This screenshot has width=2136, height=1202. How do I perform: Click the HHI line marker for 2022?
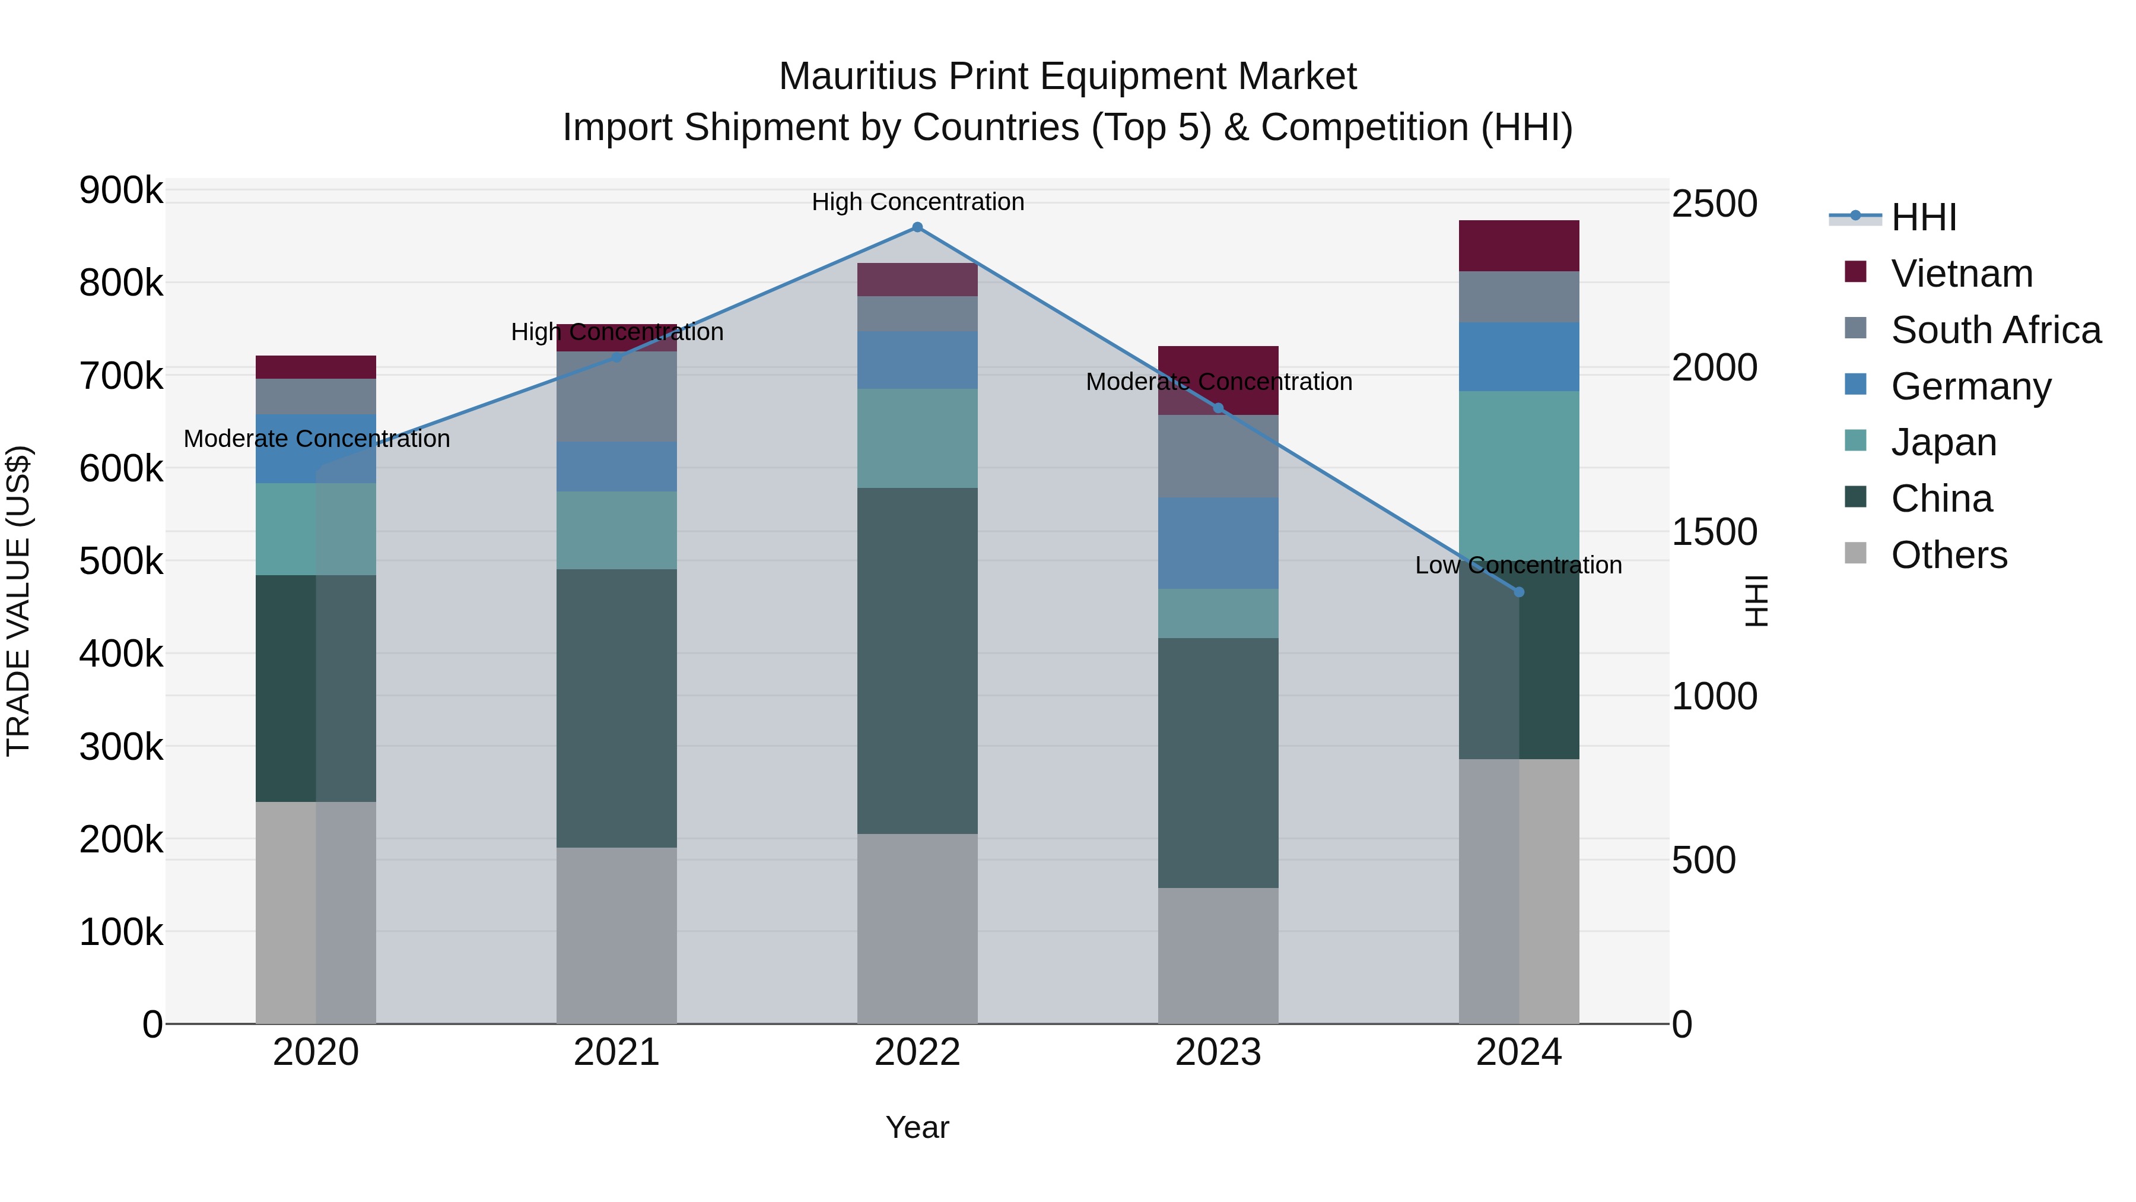(x=917, y=227)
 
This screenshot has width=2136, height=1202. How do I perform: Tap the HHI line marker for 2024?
(x=1519, y=592)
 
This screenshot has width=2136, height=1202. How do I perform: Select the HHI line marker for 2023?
(x=1218, y=408)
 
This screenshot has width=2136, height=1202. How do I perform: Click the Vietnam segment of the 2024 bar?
(x=1519, y=246)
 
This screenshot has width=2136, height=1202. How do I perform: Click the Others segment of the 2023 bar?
(x=1218, y=956)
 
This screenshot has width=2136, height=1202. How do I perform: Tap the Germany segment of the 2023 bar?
(x=1218, y=543)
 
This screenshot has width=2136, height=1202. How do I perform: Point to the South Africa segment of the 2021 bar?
(x=616, y=397)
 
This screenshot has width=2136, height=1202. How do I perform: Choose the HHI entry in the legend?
(x=1924, y=217)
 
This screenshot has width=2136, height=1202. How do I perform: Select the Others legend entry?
(x=1949, y=555)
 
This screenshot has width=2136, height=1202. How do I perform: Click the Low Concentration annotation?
(x=1518, y=566)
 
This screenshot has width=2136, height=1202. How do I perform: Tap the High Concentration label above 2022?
(x=918, y=202)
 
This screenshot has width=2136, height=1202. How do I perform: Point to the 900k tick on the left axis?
(x=121, y=191)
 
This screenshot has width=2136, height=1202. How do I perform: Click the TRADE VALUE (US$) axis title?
(x=19, y=601)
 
